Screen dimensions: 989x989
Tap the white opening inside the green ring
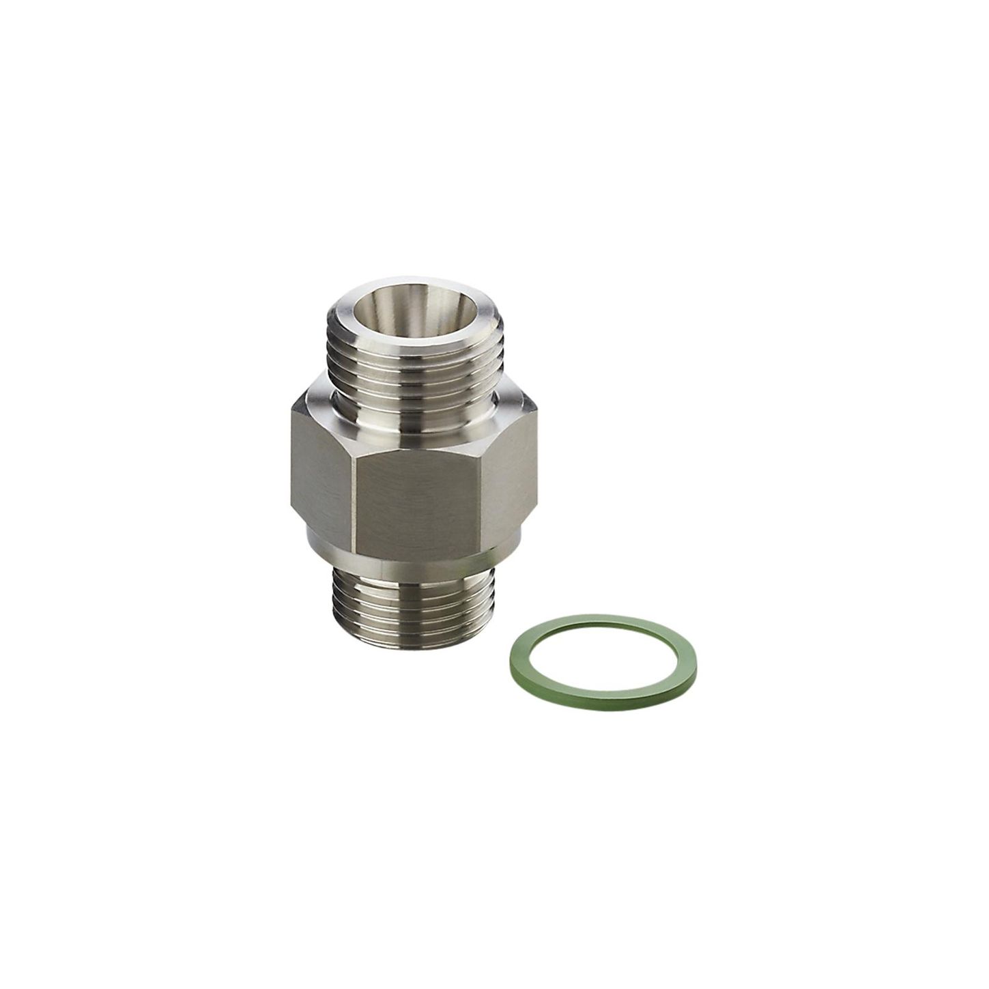coord(603,661)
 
